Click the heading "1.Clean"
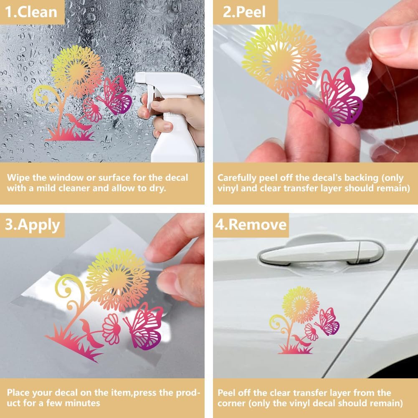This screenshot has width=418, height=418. click(x=31, y=12)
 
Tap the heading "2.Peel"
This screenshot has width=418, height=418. click(x=244, y=12)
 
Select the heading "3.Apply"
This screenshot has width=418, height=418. click(x=32, y=225)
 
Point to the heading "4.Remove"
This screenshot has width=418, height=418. click(x=251, y=225)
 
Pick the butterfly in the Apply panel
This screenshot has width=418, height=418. click(x=144, y=326)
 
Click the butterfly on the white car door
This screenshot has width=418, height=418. click(x=327, y=322)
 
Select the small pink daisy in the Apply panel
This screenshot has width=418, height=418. click(x=111, y=329)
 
